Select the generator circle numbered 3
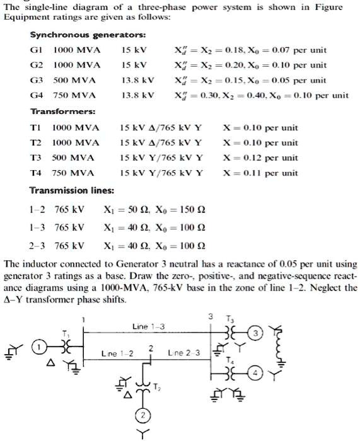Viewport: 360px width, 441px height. click(x=255, y=333)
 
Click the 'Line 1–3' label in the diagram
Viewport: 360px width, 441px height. click(x=149, y=326)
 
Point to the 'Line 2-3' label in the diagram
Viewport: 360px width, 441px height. click(x=185, y=353)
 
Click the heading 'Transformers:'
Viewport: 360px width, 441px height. click(x=63, y=112)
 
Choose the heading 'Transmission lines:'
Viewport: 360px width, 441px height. click(x=72, y=190)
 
